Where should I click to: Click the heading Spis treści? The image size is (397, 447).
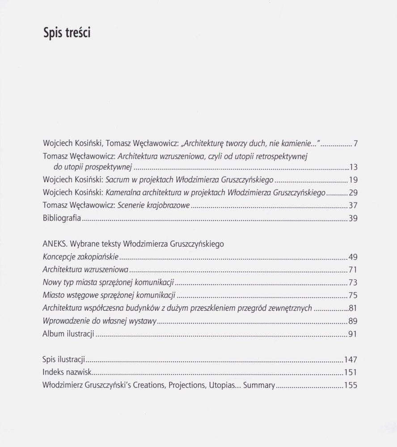[67, 33]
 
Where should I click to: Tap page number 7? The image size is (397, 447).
[355, 144]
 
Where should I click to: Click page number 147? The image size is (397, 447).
[351, 359]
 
